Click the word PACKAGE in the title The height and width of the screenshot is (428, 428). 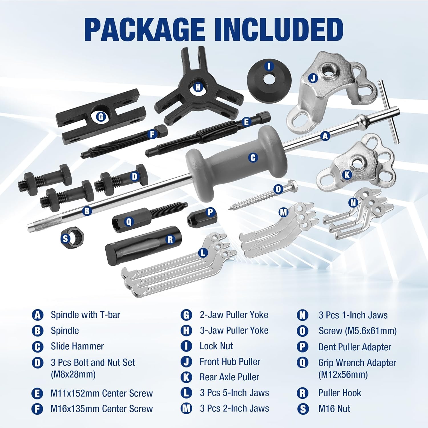coord(144,29)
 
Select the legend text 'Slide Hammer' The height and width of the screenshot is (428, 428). coord(77,346)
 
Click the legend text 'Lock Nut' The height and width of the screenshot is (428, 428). coord(216,346)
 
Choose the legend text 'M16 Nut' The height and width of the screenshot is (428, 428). coord(334,409)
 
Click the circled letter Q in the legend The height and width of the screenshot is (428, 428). coord(302,363)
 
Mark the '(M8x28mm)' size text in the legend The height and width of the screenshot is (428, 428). coord(73,374)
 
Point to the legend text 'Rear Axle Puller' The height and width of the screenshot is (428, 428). coord(229,377)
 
